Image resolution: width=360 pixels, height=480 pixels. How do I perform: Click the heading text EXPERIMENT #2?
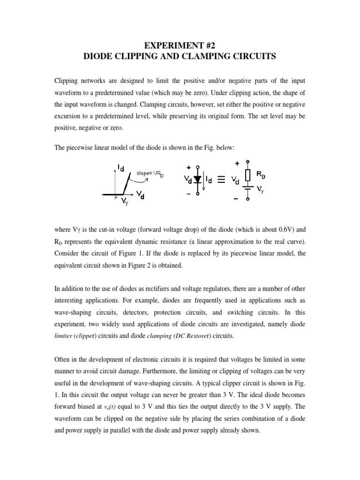[x=180, y=45]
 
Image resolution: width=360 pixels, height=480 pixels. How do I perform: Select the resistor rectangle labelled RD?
[x=247, y=175]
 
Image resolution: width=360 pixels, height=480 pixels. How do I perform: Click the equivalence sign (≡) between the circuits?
[x=225, y=181]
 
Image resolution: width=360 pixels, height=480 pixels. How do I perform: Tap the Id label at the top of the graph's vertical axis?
[x=120, y=167]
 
